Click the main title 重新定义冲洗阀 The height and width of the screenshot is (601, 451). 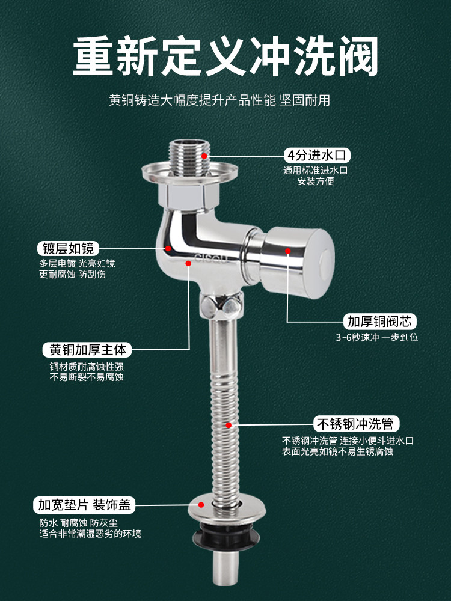point(226,56)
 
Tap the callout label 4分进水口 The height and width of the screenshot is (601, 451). point(317,155)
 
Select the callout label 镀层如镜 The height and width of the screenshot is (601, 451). point(69,248)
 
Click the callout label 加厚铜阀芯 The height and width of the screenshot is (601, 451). point(379,321)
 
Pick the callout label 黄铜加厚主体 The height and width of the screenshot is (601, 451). point(87,350)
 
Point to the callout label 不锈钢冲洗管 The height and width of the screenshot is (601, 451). point(356,424)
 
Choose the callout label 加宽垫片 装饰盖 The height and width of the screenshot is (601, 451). point(84,505)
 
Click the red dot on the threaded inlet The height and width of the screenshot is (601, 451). point(204,156)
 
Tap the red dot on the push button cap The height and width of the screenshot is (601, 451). point(287,251)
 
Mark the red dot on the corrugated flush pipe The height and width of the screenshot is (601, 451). point(229,425)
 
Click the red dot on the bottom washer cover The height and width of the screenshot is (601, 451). point(201,505)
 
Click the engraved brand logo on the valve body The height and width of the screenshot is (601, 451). point(211,258)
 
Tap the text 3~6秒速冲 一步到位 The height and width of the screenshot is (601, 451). point(377,337)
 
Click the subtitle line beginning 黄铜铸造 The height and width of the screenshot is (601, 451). point(219,100)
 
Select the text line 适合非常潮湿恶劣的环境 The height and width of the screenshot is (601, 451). point(90,534)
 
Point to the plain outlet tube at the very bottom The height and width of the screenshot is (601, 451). point(226,567)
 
